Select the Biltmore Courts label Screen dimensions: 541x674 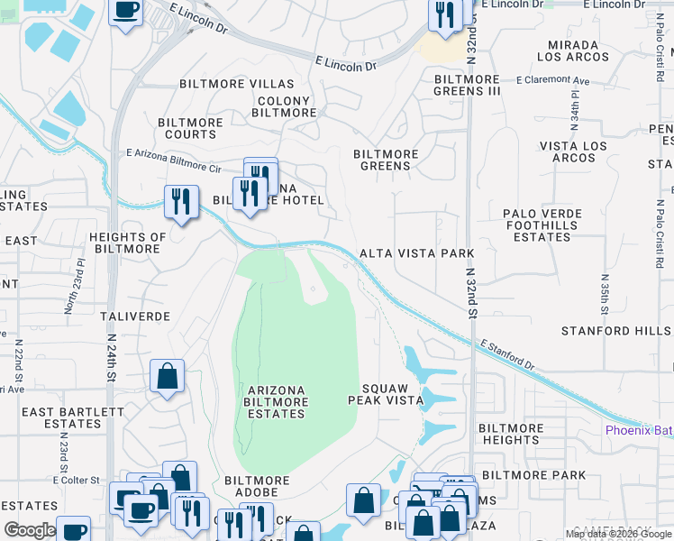coord(187,128)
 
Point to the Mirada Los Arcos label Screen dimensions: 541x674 coord(568,50)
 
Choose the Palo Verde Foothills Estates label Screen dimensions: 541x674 coord(542,225)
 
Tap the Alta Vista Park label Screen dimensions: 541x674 coord(416,253)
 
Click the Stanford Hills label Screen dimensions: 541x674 coord(616,331)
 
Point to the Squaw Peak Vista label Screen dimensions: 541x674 coord(386,393)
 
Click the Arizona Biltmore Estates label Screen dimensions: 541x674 coord(276,401)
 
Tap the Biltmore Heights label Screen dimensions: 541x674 coord(510,434)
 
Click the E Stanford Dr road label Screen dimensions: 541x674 coord(507,353)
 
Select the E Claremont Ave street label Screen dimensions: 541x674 coord(552,81)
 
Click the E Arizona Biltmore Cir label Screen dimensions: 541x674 coord(173,161)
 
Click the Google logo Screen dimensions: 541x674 coord(30,530)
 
